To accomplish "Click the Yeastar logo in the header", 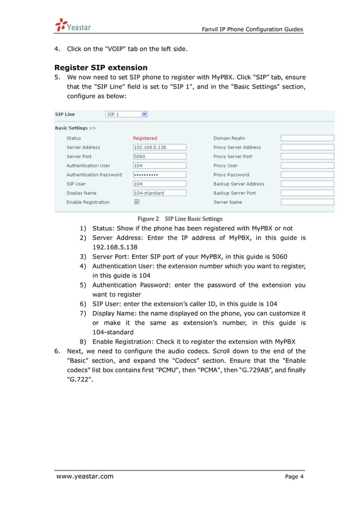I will [73, 25].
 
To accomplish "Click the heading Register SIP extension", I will [101, 67].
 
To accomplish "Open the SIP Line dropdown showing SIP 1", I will [127, 114].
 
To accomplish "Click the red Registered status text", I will [145, 138].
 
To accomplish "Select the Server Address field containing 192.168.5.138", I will [159, 147].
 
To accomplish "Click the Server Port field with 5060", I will [159, 156].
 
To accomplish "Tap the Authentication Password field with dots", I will [159, 175].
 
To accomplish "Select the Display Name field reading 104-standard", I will [159, 193].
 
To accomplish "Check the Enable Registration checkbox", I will [137, 202].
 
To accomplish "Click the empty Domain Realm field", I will [307, 138].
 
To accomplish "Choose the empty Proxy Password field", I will [307, 175].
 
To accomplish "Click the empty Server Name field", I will [307, 202].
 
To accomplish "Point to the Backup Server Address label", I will [239, 184].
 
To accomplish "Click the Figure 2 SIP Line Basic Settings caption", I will [180, 219].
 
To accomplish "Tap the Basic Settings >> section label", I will [75, 128].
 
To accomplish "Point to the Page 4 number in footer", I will [294, 477].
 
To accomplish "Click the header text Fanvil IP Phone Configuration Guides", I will [252, 29].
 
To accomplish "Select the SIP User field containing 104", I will [159, 184].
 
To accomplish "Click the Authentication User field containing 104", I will [159, 165].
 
